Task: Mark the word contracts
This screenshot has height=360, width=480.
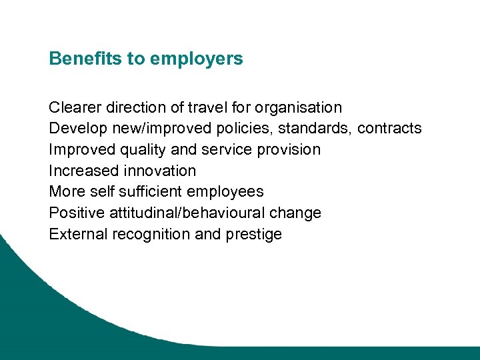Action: pos(389,128)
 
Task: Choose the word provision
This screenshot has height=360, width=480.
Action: pos(290,150)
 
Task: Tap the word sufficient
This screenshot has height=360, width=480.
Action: pos(150,192)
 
